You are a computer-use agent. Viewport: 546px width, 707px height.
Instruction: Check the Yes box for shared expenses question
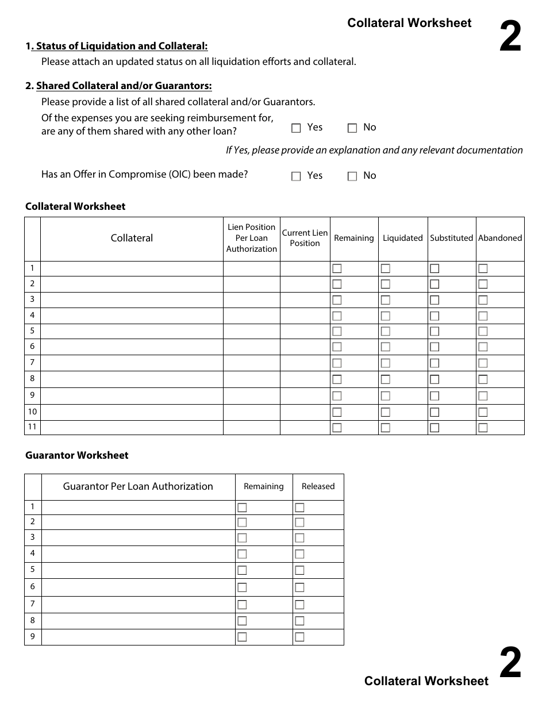click(297, 128)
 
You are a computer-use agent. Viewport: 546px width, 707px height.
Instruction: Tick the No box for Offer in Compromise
click(352, 176)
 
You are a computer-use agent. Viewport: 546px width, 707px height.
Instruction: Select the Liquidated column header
click(402, 238)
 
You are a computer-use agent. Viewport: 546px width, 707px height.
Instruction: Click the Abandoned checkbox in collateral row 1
click(483, 268)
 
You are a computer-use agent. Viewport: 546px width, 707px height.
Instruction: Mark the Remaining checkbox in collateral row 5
click(337, 331)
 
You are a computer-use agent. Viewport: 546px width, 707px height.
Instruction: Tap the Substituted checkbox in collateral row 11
click(435, 428)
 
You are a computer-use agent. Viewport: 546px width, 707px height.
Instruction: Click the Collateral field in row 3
click(132, 299)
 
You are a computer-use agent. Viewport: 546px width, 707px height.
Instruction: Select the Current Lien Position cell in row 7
click(305, 363)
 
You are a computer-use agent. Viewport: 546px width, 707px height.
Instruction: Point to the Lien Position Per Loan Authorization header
click(251, 238)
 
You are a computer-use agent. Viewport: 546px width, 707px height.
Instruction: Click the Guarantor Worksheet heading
click(76, 455)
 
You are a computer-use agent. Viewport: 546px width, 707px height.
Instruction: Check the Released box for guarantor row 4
click(299, 554)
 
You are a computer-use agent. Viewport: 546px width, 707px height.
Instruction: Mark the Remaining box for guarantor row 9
click(242, 637)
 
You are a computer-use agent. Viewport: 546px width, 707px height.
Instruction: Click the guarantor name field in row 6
click(138, 587)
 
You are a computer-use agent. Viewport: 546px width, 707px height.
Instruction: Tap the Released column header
click(318, 486)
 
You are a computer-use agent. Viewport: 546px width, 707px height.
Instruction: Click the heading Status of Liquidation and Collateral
click(121, 46)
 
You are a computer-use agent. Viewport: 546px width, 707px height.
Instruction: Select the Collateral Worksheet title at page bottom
click(426, 681)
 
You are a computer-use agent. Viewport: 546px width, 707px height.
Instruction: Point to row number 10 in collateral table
click(32, 412)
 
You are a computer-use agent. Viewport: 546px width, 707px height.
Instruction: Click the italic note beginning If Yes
click(374, 150)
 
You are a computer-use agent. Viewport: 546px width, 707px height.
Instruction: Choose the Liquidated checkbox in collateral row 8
click(385, 379)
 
